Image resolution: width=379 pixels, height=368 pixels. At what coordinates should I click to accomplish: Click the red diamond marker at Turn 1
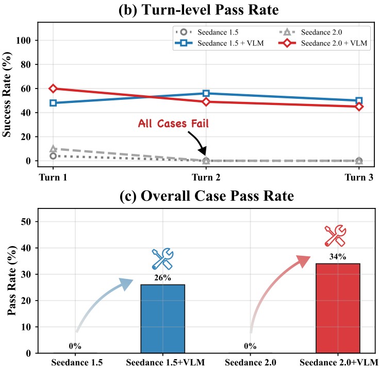click(x=53, y=89)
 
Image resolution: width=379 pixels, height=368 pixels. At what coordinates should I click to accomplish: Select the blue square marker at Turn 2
click(x=206, y=93)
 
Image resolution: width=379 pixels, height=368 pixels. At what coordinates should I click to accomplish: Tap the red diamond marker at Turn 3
click(x=359, y=107)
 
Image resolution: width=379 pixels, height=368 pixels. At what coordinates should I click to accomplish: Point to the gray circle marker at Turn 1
click(x=53, y=156)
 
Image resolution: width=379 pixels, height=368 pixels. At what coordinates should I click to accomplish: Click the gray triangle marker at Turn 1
click(x=53, y=149)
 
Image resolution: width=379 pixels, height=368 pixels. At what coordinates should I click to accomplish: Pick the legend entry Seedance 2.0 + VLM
click(x=323, y=43)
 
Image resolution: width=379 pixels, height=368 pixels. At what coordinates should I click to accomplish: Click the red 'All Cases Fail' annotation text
click(x=173, y=124)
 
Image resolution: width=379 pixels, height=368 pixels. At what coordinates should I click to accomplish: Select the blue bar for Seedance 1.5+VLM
click(x=162, y=319)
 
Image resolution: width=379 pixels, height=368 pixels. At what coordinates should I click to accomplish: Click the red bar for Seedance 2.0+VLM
click(x=338, y=308)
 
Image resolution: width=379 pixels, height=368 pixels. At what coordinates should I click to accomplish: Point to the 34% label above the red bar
click(x=338, y=256)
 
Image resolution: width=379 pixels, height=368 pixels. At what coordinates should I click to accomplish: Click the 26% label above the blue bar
click(x=162, y=278)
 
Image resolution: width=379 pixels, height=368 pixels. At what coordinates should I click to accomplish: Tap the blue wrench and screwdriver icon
click(x=162, y=259)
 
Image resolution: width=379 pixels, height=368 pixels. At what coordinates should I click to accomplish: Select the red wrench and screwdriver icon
click(x=335, y=236)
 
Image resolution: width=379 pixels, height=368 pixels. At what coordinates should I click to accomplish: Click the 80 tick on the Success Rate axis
click(x=26, y=64)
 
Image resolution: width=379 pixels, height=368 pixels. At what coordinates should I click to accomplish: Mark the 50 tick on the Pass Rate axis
click(x=26, y=221)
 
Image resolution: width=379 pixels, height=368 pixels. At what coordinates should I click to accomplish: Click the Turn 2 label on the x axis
click(x=206, y=178)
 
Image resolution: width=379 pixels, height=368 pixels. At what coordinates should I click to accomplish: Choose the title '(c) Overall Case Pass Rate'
click(x=207, y=196)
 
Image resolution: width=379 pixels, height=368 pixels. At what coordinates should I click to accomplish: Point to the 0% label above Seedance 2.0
click(x=250, y=346)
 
